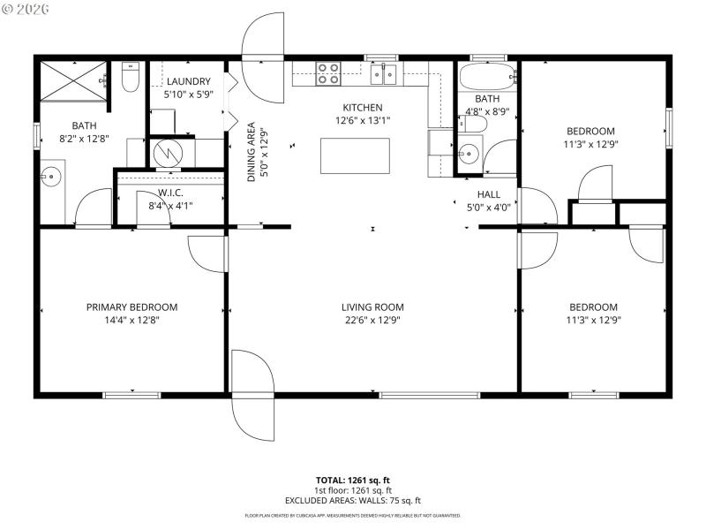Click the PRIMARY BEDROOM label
pyautogui.click(x=131, y=307)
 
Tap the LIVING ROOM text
pyautogui.click(x=372, y=307)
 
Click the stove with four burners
pyautogui.click(x=329, y=72)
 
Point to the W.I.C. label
pyautogui.click(x=170, y=193)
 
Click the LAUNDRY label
pyautogui.click(x=188, y=81)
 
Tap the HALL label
pyautogui.click(x=488, y=194)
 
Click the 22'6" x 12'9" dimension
pyautogui.click(x=372, y=321)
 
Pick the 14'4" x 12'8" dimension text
pyautogui.click(x=131, y=321)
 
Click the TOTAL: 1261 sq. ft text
pyautogui.click(x=352, y=480)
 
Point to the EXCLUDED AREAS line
pyautogui.click(x=352, y=500)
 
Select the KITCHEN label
pyautogui.click(x=362, y=108)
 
